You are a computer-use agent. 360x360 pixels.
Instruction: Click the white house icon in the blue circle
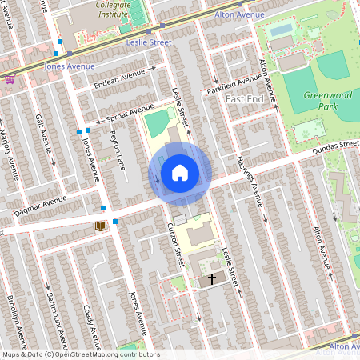[180, 173]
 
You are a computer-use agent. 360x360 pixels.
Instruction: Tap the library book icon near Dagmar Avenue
[101, 227]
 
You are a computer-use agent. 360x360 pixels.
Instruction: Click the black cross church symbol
[212, 279]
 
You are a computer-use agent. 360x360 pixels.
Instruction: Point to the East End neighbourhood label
[244, 98]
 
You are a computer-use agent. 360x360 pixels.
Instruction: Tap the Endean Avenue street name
[118, 77]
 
